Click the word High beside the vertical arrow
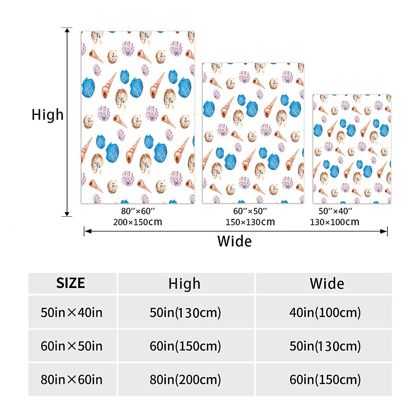[x=47, y=115]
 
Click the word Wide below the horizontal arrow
[x=234, y=241]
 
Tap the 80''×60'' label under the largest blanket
[x=137, y=211]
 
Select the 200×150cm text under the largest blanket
[x=137, y=222]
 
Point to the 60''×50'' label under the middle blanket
[x=250, y=211]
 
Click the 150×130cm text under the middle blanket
[x=250, y=222]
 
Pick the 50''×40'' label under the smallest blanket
[x=335, y=211]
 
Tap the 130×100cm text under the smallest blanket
[x=335, y=222]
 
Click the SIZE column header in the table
[x=70, y=283]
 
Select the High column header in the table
[x=184, y=284]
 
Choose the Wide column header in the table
[x=327, y=284]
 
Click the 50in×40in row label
[x=71, y=313]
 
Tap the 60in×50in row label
[x=71, y=346]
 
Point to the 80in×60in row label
[x=71, y=379]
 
